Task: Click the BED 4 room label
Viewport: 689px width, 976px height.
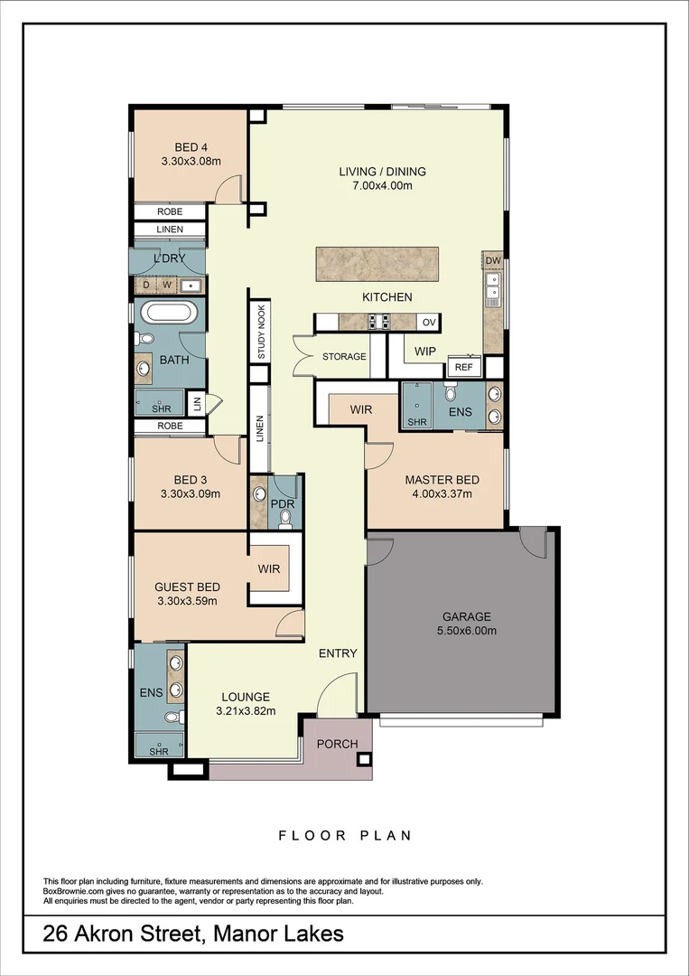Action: (191, 147)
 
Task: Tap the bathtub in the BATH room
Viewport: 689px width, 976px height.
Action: (170, 313)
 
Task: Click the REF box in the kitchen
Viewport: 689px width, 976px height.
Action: (464, 367)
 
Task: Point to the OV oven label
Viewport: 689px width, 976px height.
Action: (429, 322)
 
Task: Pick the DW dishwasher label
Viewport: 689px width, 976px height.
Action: (493, 260)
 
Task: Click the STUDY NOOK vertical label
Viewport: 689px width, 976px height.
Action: (261, 332)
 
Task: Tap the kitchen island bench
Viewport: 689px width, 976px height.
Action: (377, 264)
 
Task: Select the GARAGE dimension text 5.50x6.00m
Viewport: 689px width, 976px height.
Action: (466, 631)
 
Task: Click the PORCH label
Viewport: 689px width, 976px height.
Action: (337, 744)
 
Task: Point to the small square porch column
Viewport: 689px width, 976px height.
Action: (364, 759)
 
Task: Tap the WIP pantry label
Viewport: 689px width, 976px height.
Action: (425, 352)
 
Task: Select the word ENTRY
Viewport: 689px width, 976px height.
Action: (338, 653)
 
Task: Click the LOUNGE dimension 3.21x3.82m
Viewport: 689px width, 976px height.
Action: (246, 711)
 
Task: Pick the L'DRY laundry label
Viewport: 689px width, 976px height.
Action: (169, 258)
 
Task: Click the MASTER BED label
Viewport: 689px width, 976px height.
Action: (442, 480)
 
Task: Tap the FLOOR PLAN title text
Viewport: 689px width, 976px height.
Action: (345, 835)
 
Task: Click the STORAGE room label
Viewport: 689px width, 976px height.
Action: (344, 357)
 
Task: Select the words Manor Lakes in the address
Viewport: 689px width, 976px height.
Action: (278, 934)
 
